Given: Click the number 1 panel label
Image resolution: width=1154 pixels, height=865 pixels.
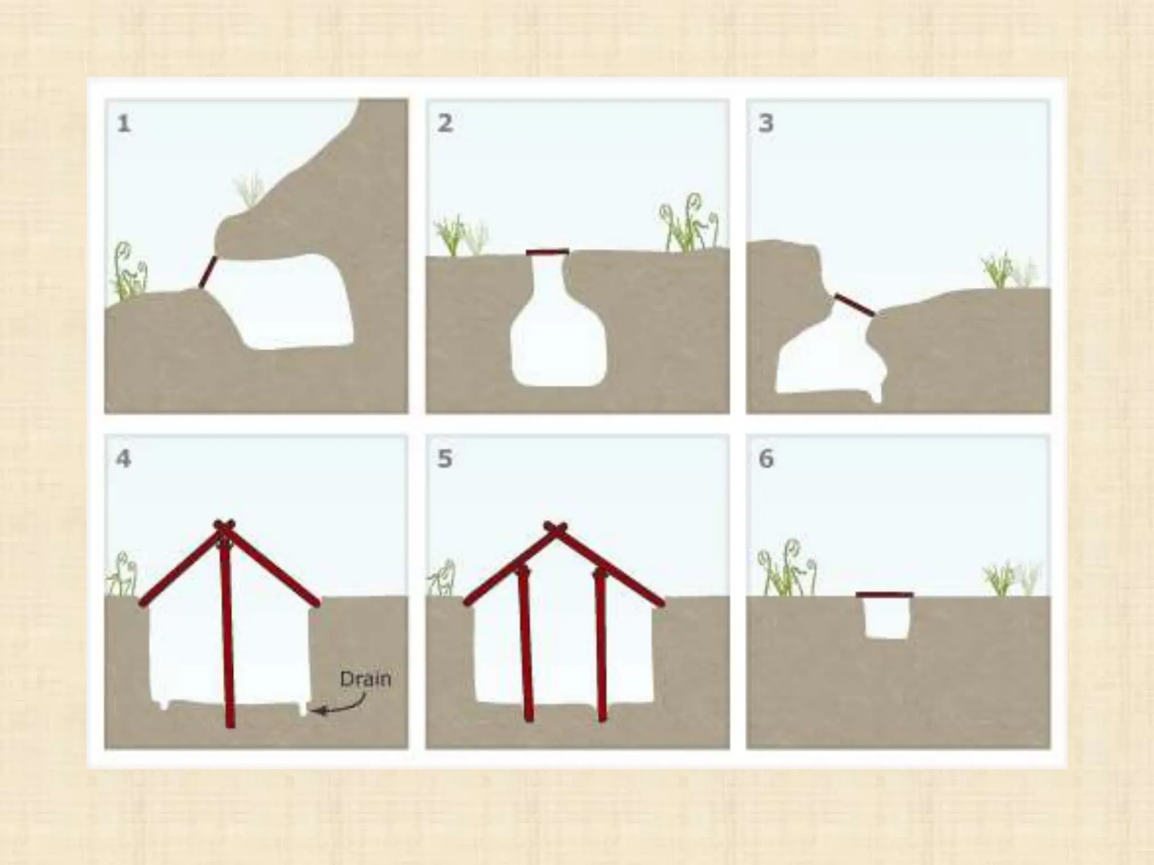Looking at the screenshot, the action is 124,123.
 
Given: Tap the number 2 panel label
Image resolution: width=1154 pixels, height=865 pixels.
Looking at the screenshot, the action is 445,123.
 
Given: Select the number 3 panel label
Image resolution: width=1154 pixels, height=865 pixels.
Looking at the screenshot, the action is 766,123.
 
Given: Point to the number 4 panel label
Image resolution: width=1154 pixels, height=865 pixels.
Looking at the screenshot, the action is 123,458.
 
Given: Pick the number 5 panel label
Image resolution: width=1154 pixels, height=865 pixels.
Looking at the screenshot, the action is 445,458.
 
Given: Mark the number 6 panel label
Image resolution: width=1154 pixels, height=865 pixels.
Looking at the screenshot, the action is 766,458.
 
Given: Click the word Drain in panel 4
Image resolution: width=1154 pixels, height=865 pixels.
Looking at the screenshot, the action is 365,679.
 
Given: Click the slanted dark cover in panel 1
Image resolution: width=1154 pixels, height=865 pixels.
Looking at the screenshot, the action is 207,272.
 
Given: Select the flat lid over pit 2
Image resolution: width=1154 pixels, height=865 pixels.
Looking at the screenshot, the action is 547,252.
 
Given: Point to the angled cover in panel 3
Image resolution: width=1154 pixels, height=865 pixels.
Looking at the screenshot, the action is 855,305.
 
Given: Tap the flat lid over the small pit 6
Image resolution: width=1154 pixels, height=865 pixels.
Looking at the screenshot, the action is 884,595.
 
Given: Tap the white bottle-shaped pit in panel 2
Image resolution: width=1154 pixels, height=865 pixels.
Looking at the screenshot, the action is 558,332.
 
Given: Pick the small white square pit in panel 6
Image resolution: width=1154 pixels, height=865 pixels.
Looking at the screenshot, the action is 886,618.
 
